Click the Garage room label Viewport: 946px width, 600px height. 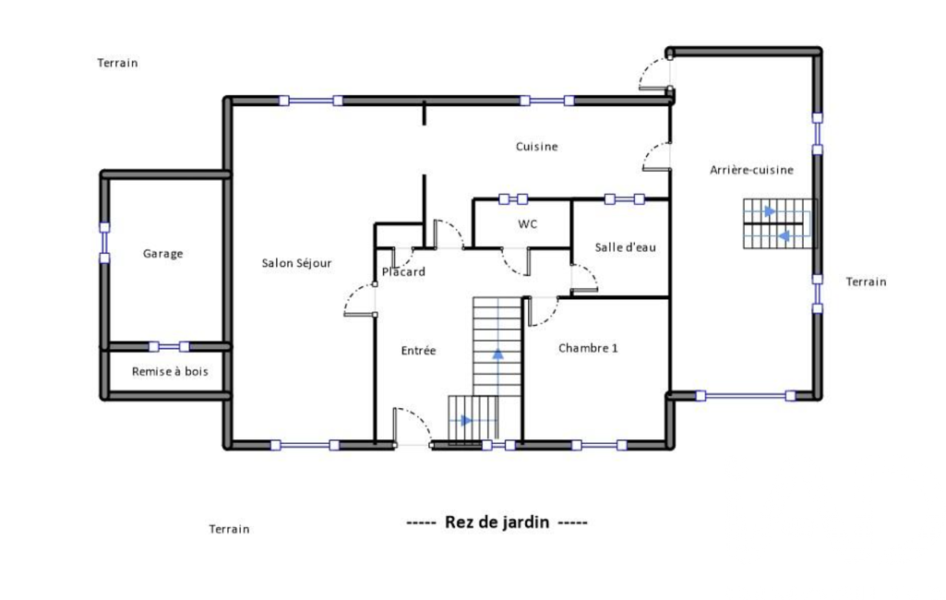[x=162, y=254]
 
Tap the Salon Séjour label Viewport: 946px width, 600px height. [x=297, y=263]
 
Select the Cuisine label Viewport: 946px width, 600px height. [x=536, y=147]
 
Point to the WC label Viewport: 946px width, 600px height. [x=527, y=224]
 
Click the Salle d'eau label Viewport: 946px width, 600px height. [x=625, y=246]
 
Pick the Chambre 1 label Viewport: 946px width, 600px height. [x=588, y=348]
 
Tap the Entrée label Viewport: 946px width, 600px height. [x=418, y=351]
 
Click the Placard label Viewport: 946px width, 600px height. [x=403, y=272]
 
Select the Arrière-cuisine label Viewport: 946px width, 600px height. [x=752, y=170]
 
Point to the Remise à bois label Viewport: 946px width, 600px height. [x=170, y=372]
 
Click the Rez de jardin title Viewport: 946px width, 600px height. [x=497, y=522]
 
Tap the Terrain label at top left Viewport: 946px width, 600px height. [x=117, y=63]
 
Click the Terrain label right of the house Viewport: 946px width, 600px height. [x=867, y=282]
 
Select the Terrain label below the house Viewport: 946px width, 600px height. [x=229, y=529]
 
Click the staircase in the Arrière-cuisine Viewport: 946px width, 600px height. [x=780, y=223]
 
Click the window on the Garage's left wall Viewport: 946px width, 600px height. [x=104, y=243]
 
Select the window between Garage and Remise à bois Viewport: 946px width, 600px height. [x=169, y=346]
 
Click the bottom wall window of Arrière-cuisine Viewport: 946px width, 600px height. [x=745, y=396]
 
